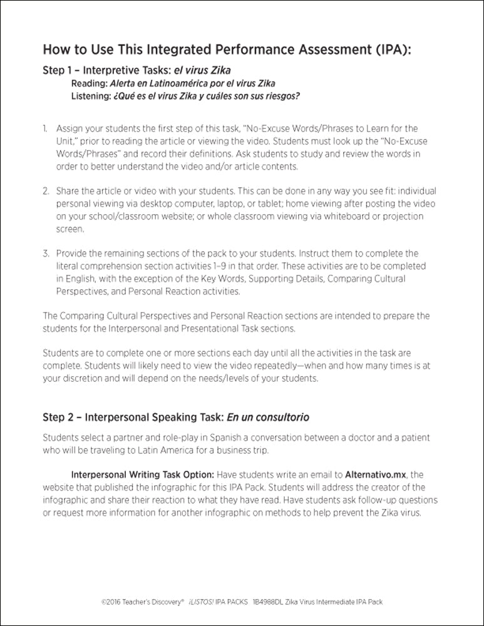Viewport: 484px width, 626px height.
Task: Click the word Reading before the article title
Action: tap(89, 83)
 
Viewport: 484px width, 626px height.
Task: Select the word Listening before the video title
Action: tap(91, 96)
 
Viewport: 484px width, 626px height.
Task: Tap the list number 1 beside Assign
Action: tap(45, 128)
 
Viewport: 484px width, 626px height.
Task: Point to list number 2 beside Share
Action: tap(46, 191)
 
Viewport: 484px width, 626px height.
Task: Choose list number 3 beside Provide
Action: tap(46, 254)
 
